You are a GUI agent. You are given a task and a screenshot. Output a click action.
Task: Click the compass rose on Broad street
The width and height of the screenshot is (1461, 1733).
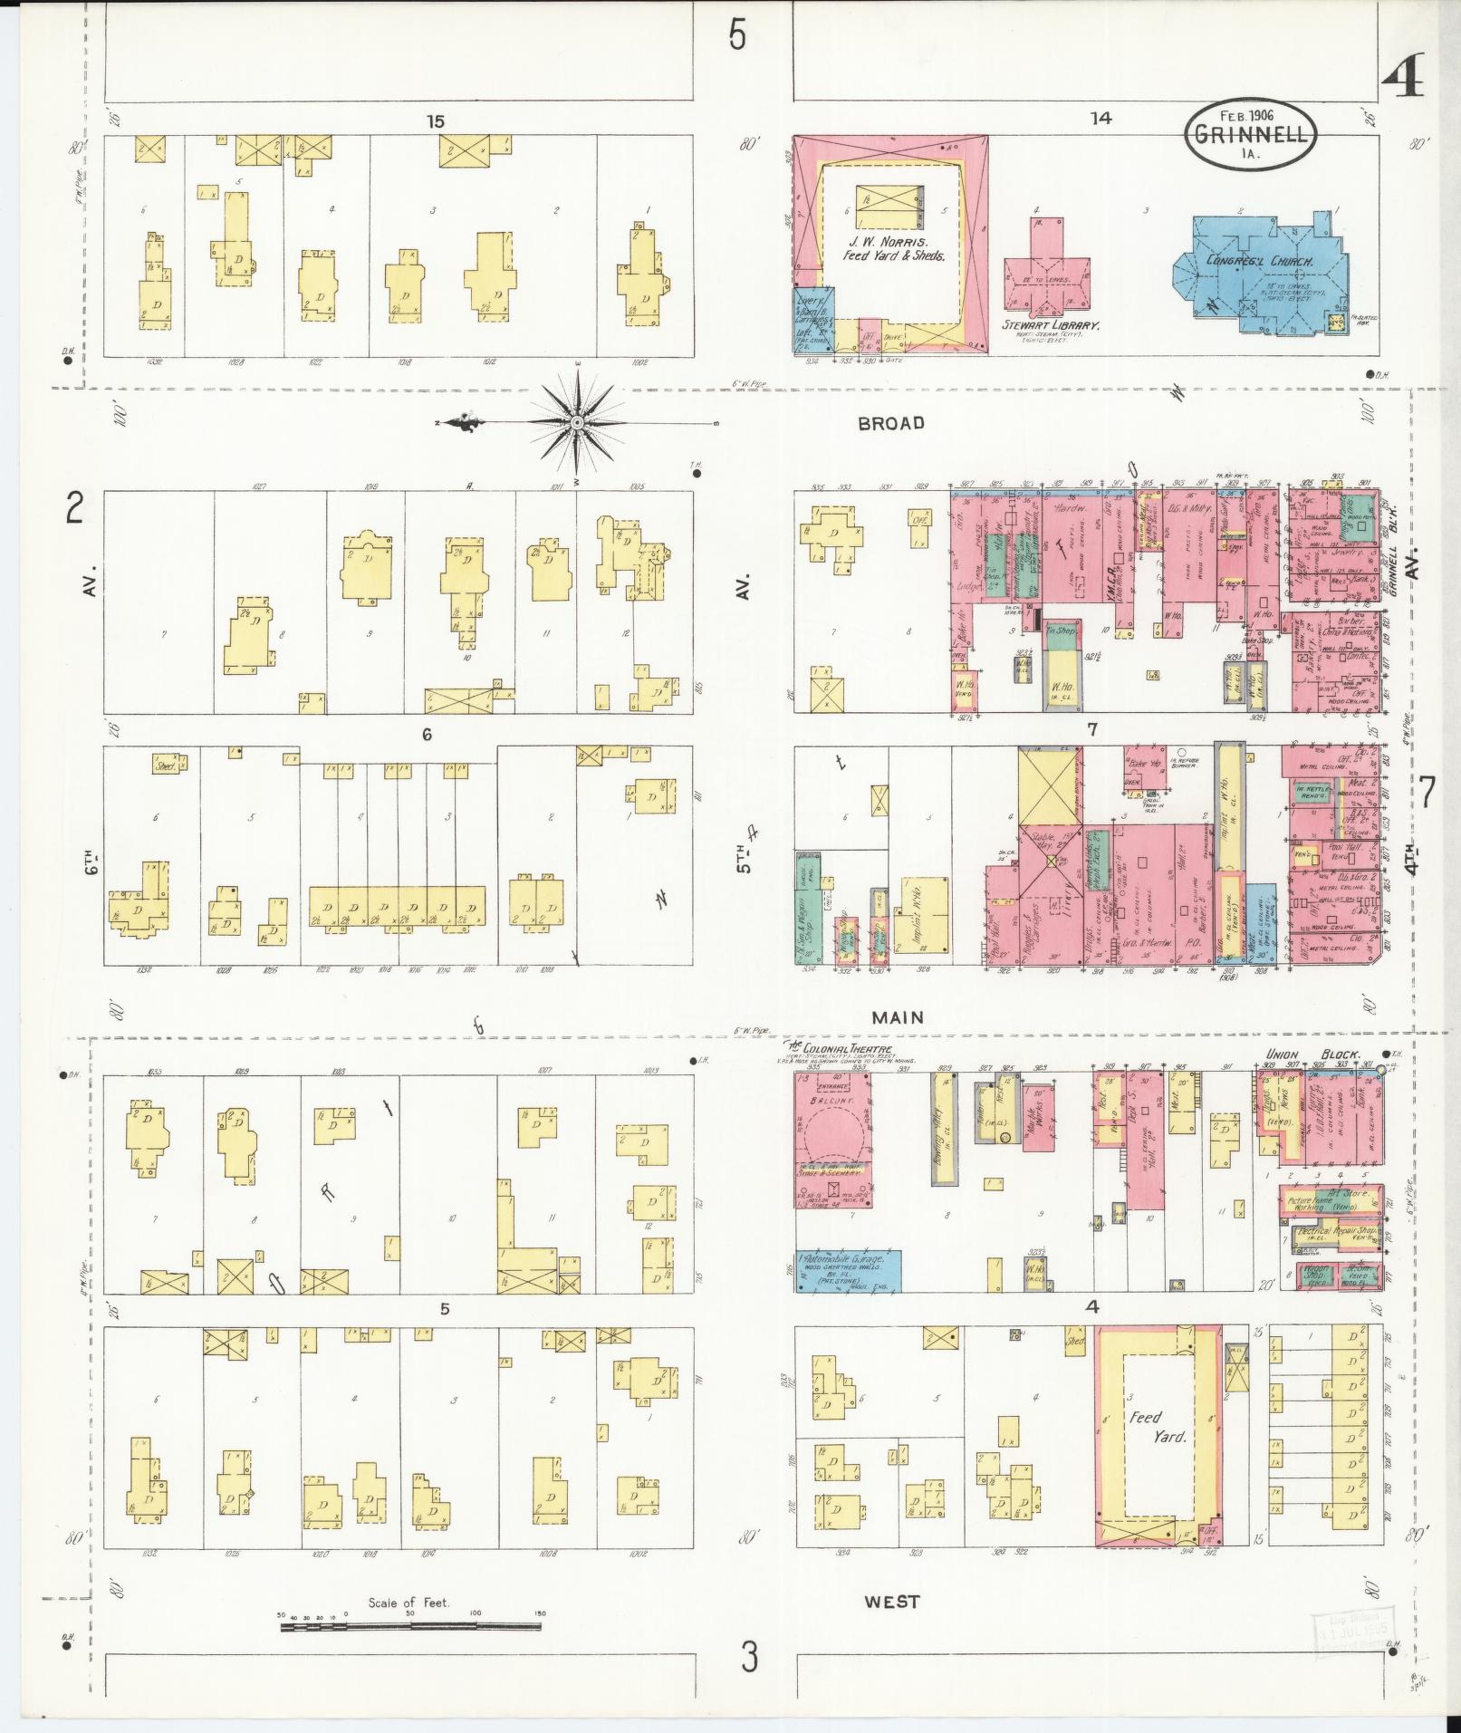point(577,423)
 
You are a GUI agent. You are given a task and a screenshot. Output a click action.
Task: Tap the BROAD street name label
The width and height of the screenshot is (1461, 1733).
point(892,423)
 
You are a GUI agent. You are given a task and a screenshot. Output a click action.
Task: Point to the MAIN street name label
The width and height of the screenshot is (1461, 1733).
point(898,1017)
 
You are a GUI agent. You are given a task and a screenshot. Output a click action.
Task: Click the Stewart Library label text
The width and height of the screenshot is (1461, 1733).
point(1051,325)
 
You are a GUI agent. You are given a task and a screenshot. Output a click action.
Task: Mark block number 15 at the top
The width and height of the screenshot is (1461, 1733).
point(437,120)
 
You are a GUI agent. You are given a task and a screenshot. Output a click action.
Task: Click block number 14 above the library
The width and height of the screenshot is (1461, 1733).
point(1101,118)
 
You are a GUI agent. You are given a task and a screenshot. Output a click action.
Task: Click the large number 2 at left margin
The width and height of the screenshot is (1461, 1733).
point(74,510)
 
